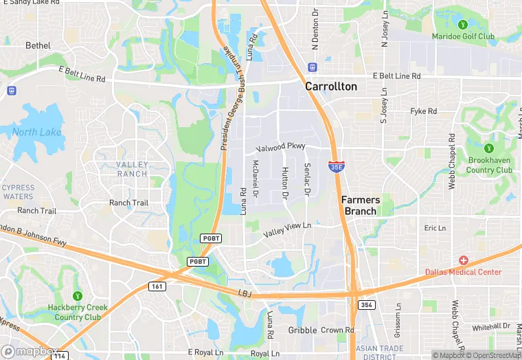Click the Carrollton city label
(331, 87)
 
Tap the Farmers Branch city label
(360, 205)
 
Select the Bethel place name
(38, 45)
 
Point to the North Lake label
(36, 132)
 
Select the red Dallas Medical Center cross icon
(464, 260)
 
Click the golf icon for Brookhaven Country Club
(489, 148)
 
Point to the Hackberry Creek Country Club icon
(75, 295)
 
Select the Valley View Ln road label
(287, 230)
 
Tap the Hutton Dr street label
(284, 183)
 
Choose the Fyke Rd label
(423, 111)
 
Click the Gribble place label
(302, 330)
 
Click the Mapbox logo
(28, 351)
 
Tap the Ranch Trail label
(129, 203)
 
